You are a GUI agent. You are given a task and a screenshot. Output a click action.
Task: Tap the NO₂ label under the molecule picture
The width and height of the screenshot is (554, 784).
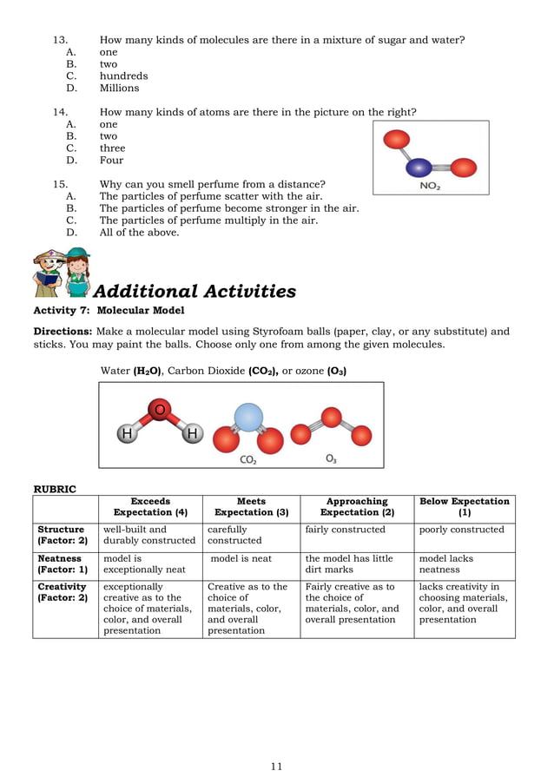point(429,186)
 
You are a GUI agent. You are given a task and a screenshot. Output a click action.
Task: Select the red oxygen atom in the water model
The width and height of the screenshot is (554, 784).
point(159,410)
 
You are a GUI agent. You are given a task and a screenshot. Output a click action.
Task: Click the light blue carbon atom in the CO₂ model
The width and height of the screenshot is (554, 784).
point(248,418)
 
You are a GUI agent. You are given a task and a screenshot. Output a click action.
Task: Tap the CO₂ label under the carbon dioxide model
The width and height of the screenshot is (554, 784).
point(247,460)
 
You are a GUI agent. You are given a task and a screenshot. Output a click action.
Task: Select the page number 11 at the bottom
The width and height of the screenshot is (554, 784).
point(276,766)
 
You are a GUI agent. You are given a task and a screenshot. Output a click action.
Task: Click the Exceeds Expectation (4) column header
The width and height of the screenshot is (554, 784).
point(150,507)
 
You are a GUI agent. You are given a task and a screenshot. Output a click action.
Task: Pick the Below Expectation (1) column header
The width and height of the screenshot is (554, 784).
point(464,507)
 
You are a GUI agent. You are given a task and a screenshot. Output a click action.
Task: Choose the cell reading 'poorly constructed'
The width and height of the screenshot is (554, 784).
point(461,530)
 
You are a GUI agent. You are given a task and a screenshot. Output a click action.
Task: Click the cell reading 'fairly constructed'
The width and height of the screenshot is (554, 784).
point(345,530)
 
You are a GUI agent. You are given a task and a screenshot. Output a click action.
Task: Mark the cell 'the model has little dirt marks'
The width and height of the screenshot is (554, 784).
point(348,564)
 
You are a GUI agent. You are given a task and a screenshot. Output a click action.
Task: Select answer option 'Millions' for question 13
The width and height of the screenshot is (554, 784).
point(119,88)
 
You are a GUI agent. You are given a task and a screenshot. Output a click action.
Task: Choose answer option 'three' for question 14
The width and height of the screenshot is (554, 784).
point(112,148)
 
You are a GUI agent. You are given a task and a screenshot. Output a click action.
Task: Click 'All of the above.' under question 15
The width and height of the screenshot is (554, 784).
point(139,233)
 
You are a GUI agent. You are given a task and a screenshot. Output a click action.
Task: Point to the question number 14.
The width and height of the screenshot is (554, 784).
point(60,112)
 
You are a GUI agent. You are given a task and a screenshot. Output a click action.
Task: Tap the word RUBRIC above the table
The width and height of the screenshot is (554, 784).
point(55,489)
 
